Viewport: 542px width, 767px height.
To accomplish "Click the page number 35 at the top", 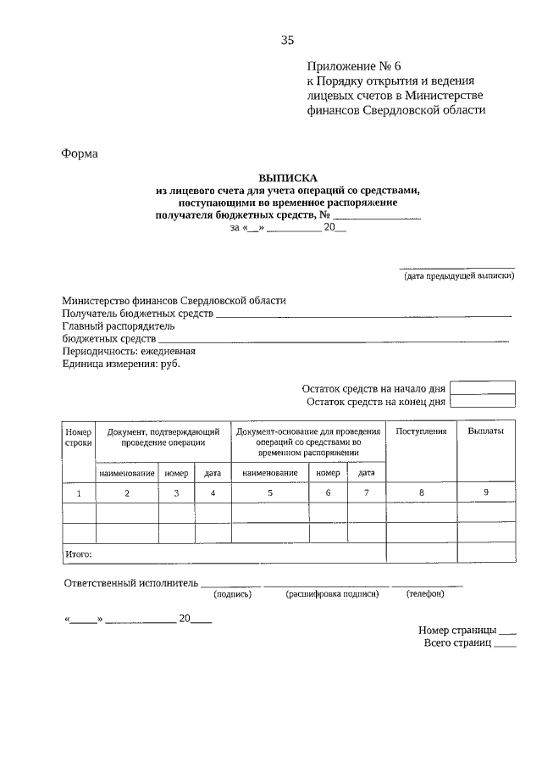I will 287,40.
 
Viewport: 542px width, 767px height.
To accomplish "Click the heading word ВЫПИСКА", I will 287,179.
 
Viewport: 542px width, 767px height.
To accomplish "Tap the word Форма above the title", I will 80,153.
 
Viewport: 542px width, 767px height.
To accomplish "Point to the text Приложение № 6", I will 349,65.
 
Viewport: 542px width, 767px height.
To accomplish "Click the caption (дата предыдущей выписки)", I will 457,275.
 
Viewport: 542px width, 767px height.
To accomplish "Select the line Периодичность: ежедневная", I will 129,351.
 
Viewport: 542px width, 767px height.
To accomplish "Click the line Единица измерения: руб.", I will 121,364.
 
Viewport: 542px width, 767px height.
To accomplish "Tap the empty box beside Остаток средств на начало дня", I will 483,387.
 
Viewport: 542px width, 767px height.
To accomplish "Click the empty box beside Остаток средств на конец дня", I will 483,402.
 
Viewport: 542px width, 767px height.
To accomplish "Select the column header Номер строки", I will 78,437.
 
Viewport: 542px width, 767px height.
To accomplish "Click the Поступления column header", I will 421,431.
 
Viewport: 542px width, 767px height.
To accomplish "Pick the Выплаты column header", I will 485,431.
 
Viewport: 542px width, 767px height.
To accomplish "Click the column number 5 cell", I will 270,492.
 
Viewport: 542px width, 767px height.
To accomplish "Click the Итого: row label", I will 79,553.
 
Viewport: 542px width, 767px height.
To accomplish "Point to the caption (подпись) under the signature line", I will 233,594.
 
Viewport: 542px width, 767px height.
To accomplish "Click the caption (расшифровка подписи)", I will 332,594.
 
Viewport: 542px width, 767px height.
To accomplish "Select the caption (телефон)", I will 425,594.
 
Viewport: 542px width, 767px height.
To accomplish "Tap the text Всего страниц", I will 457,643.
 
